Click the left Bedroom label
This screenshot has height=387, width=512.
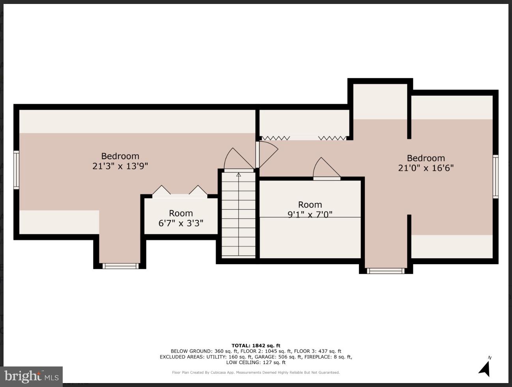[x=120, y=156]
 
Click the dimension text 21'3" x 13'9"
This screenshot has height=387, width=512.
[x=120, y=166]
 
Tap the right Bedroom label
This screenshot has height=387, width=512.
[x=426, y=158]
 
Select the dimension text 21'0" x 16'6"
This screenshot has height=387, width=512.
[x=426, y=168]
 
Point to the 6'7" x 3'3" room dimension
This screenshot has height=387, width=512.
[x=181, y=223]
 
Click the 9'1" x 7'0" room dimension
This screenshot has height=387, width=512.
[x=310, y=214]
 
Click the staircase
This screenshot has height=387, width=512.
[x=238, y=215]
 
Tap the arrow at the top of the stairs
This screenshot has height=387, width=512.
[x=238, y=174]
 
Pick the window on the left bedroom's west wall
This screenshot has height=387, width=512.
[x=16, y=170]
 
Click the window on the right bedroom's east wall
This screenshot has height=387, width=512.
[x=495, y=176]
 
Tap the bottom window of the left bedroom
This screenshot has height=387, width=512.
[x=120, y=266]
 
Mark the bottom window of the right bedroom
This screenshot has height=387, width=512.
[x=385, y=271]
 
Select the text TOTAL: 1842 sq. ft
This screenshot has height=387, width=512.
[x=256, y=346]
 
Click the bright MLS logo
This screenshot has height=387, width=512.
[x=31, y=376]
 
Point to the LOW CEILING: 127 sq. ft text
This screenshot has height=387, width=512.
[x=256, y=362]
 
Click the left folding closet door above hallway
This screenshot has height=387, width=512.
[x=276, y=138]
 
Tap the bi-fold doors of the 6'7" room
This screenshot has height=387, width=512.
[x=180, y=192]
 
